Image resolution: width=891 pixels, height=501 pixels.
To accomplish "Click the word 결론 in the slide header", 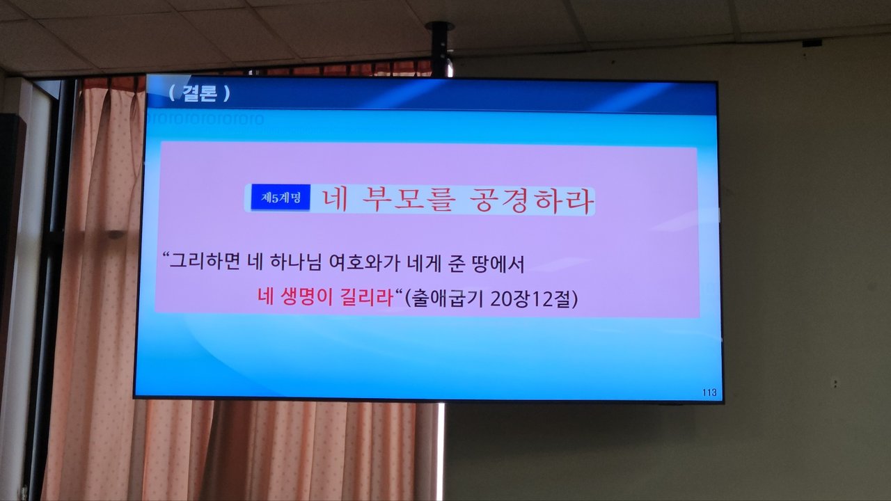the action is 200,93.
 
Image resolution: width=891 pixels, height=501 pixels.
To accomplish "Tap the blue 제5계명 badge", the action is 281,197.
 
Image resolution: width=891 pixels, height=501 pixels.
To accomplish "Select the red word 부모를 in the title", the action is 409,200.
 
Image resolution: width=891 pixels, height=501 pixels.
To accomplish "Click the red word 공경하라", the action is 532,200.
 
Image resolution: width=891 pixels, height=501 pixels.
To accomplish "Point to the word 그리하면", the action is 205,262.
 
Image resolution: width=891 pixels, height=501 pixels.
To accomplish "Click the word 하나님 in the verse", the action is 295,262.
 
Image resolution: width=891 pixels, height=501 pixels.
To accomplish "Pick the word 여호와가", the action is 364,263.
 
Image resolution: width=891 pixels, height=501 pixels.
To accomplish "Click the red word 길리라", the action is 367,297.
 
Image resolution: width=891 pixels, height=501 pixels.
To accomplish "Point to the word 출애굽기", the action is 448,299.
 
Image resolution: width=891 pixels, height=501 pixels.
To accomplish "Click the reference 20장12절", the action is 530,299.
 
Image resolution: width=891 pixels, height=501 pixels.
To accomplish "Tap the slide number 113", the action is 709,392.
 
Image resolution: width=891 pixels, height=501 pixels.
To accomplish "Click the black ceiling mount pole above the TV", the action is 440,49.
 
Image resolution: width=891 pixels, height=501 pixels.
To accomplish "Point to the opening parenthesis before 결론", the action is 172,93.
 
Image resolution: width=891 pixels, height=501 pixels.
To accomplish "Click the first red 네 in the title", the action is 335,200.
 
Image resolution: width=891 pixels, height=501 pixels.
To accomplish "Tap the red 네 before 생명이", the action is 265,296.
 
